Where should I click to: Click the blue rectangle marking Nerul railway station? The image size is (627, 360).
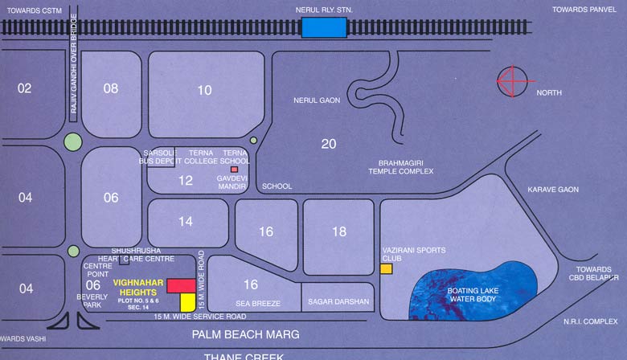(x=325, y=28)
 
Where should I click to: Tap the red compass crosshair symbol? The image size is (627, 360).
(x=514, y=80)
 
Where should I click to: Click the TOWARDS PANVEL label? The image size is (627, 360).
(x=585, y=9)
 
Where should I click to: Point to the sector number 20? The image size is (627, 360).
(x=328, y=144)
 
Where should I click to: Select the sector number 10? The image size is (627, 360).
(x=205, y=90)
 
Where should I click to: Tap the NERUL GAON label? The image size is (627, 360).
(x=318, y=100)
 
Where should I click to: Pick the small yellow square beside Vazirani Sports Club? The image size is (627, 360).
(x=386, y=269)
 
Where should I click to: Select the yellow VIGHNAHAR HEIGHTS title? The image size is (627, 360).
(x=139, y=287)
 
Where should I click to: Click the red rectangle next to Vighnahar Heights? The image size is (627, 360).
(x=180, y=285)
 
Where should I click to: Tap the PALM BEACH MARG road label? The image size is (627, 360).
(x=244, y=334)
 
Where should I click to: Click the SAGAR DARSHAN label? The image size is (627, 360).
(x=338, y=302)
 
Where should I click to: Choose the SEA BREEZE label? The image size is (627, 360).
(x=258, y=303)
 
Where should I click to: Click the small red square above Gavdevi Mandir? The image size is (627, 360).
(x=234, y=170)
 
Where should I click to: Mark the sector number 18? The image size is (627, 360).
(x=339, y=231)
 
